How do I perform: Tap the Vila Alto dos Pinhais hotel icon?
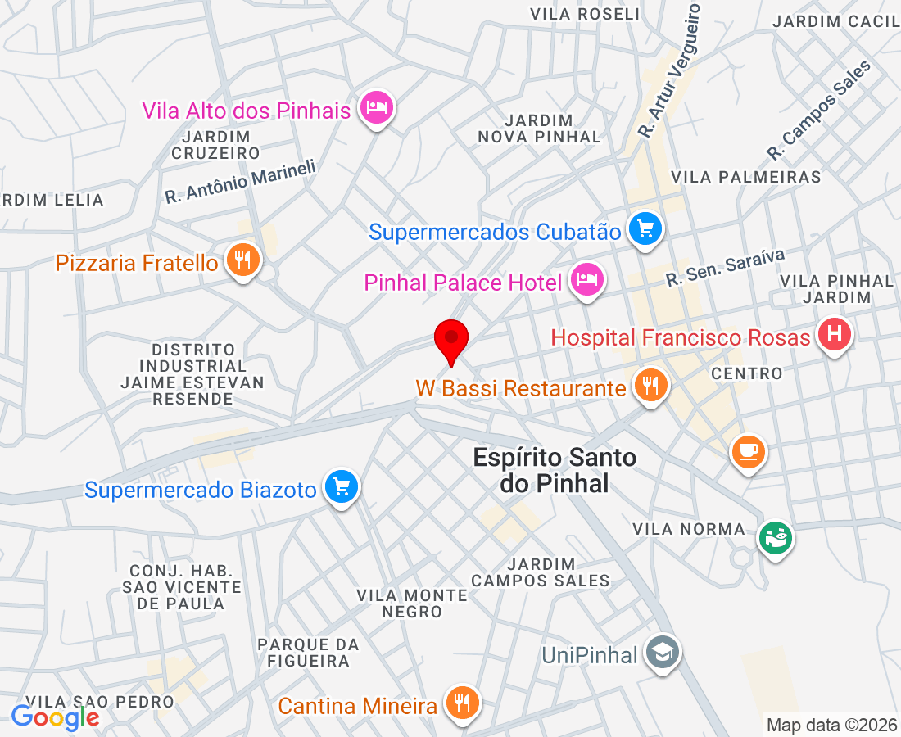coord(377,107)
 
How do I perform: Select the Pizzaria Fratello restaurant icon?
coord(242,261)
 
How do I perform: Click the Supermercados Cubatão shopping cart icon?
coord(645,228)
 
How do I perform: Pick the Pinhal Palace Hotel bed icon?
coord(586,280)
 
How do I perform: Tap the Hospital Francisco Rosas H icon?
coord(834,334)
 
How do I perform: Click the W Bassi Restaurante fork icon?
coord(651,385)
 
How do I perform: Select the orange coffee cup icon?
coord(748,450)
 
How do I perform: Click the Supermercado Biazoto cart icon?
coord(340,487)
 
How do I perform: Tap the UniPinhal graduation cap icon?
coord(660,653)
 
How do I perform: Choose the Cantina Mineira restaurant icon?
coord(462,702)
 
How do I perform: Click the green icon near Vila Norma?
coord(774,538)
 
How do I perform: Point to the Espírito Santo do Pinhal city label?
coord(555,470)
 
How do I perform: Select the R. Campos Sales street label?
coord(819,110)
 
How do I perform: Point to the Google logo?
coord(55,717)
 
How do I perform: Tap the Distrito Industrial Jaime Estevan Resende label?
coord(192,374)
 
